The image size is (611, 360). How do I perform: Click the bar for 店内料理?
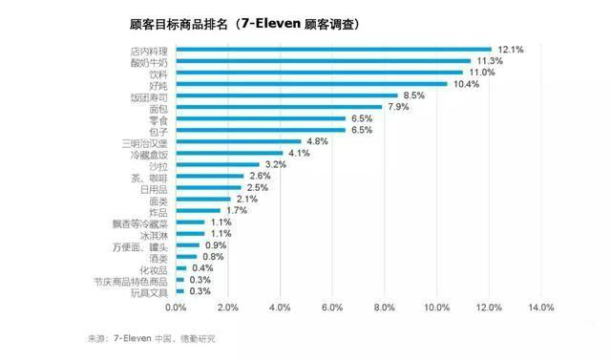333,49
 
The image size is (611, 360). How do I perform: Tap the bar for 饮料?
319,73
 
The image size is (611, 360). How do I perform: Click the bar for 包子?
261,130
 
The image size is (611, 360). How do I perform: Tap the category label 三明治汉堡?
144,141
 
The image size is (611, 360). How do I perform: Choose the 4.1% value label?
299,153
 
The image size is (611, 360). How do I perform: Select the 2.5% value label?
257,188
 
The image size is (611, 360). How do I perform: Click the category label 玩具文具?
149,291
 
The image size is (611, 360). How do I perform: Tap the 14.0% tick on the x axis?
539,307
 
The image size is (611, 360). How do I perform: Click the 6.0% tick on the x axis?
331,307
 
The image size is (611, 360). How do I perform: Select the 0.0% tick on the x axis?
176,307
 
